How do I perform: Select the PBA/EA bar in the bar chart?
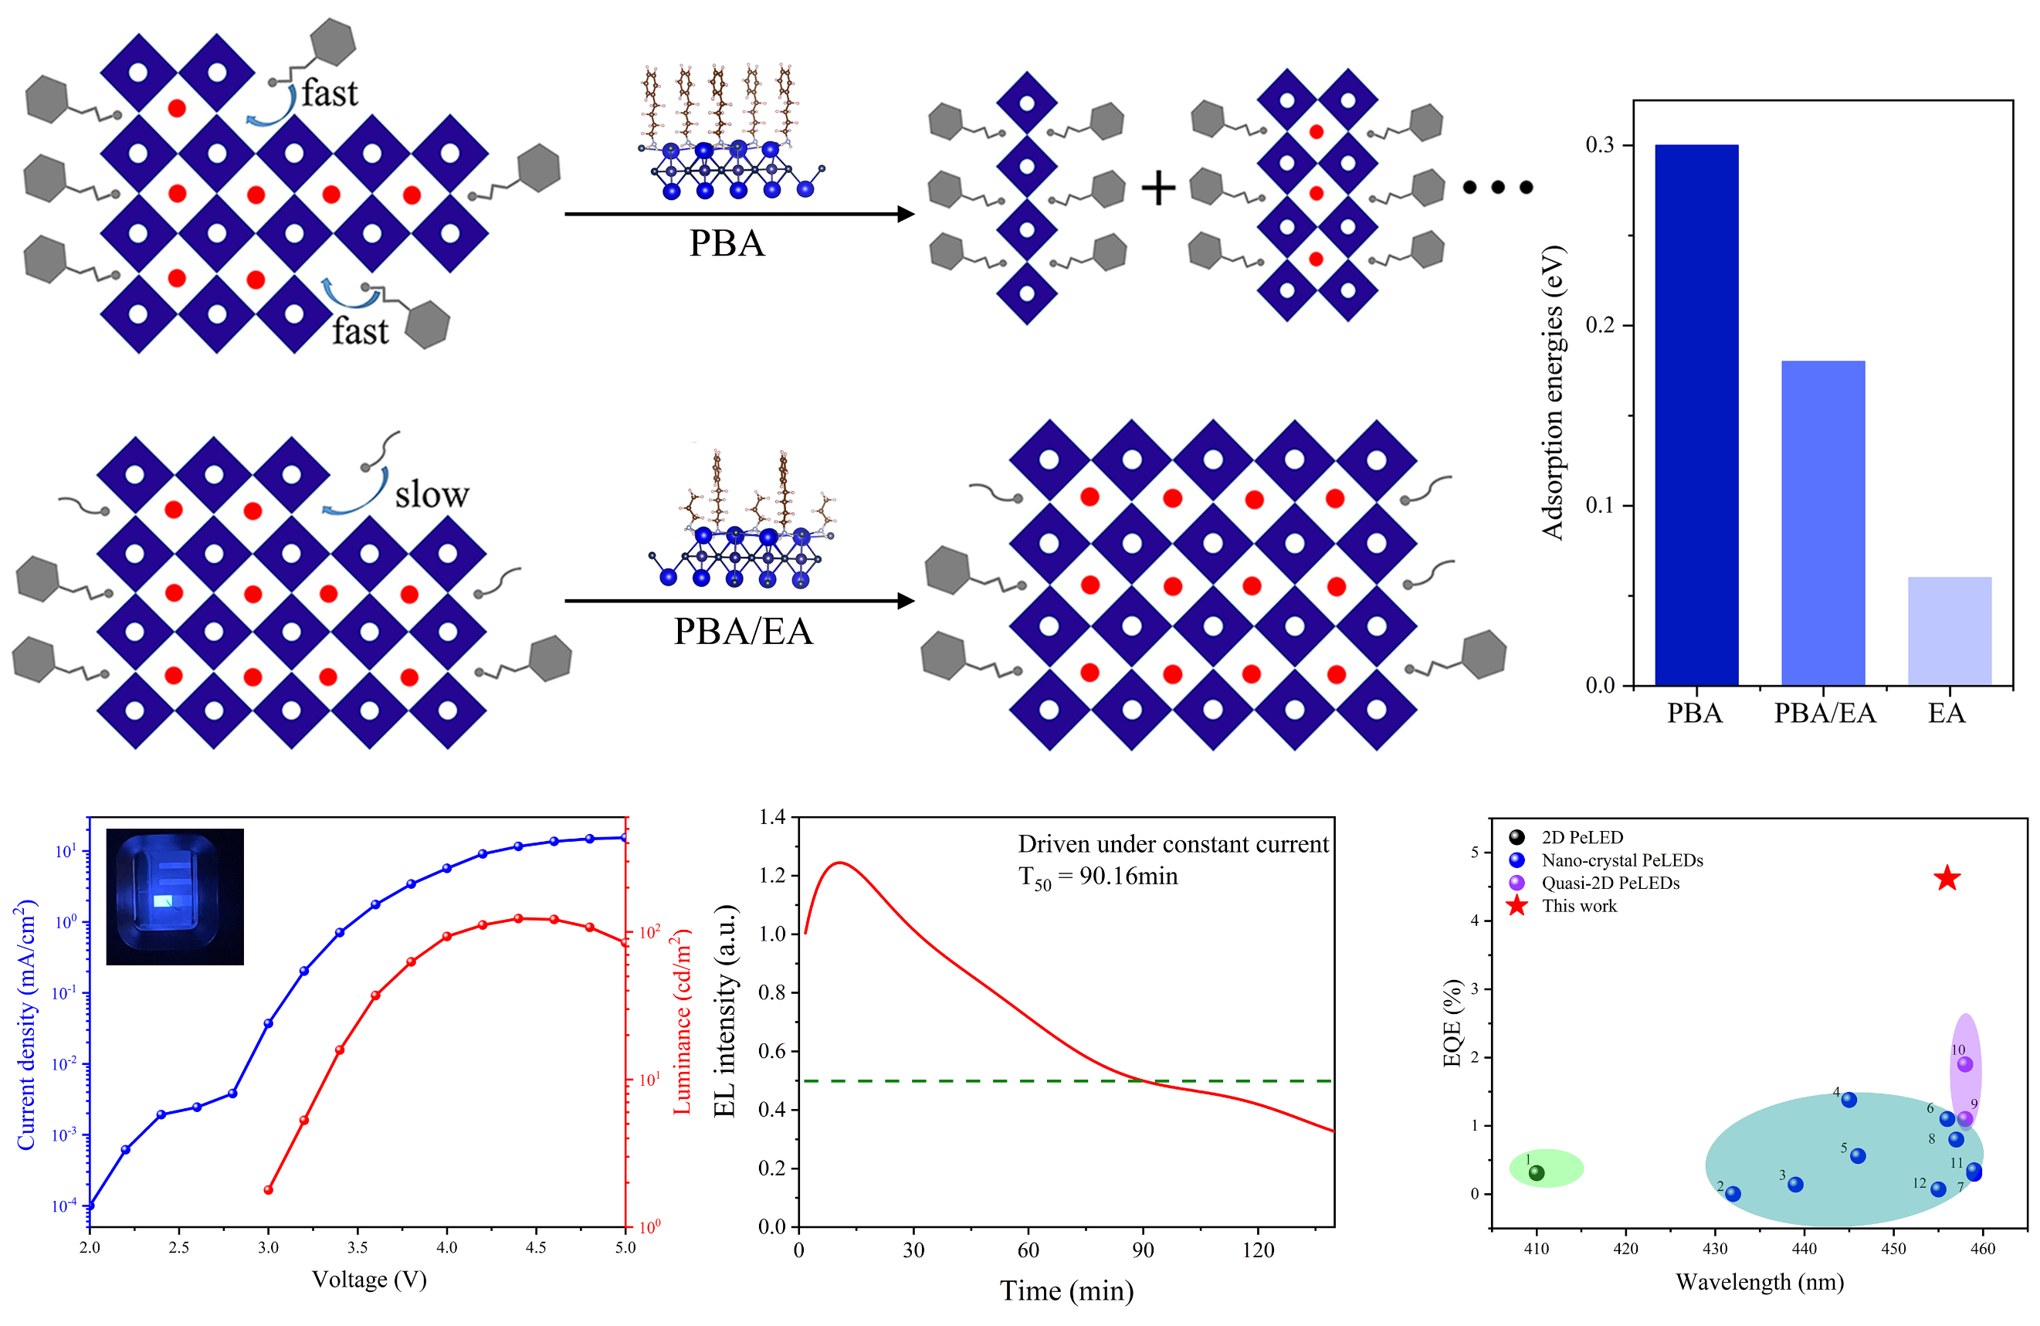pos(1822,522)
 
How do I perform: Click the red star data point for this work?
pos(1947,879)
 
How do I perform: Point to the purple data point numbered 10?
pos(1964,1064)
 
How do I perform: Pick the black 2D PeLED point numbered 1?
pos(1537,1172)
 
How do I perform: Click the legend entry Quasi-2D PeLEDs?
pos(1610,883)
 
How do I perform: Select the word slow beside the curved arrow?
pos(431,494)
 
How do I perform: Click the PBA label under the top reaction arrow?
pos(727,243)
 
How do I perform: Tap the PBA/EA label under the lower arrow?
pos(742,632)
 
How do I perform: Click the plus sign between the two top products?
pos(1158,188)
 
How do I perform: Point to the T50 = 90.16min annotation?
pos(1097,877)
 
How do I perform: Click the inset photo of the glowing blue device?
pos(175,897)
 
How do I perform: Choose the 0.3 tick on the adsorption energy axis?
pos(1599,145)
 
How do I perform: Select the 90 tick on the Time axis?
pos(1143,1250)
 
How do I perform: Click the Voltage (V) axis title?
pos(368,1280)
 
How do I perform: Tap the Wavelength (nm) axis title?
pos(1759,1282)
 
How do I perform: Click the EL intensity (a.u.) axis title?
pos(725,1012)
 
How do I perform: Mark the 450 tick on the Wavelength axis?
pos(1893,1249)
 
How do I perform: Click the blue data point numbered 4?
pos(1849,1100)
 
